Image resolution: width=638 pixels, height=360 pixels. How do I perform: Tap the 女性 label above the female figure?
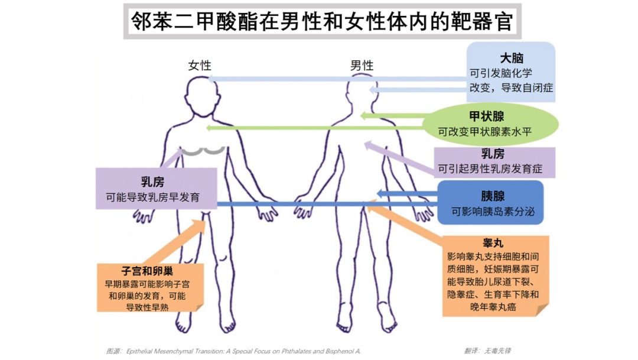point(200,65)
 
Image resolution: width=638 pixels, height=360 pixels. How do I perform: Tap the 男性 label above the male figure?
point(362,65)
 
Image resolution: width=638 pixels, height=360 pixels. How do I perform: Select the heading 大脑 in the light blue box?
point(512,58)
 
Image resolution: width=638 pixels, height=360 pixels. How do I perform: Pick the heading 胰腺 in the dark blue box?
point(493,196)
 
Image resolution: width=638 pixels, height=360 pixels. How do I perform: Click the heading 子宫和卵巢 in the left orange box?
point(147,271)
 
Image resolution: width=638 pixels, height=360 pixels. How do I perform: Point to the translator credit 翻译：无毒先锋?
point(488,351)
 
